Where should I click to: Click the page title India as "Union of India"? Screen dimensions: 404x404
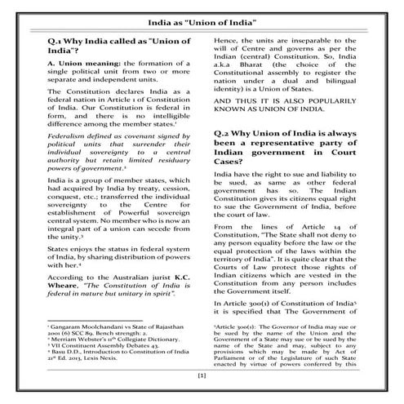coord(201,17)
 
